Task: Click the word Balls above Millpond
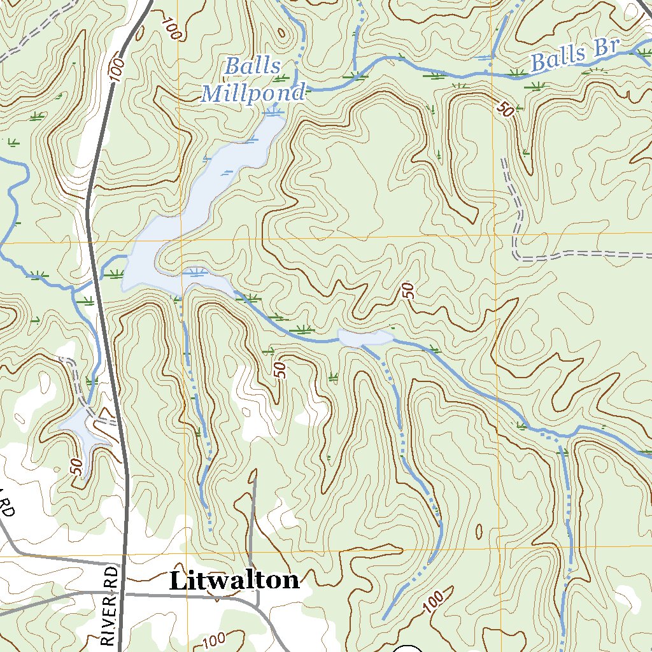pos(253,66)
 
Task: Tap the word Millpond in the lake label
pos(253,94)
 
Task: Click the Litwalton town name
pos(234,580)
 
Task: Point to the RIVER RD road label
pos(111,606)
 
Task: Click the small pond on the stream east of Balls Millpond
pos(365,338)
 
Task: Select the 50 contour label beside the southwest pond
pos(76,467)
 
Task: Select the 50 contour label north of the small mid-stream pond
pos(409,292)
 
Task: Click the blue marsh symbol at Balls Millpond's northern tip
pos(274,113)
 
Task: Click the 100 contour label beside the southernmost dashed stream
pos(432,602)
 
